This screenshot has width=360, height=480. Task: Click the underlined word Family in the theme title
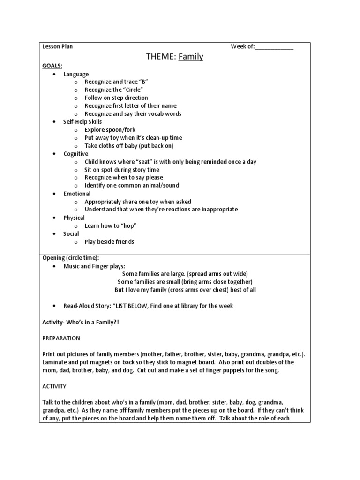coord(191,57)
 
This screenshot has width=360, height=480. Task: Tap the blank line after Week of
coord(274,46)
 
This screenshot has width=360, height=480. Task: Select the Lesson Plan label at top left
coord(58,46)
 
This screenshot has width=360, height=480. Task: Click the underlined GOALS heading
coord(52,66)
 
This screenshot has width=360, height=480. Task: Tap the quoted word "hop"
coord(128,225)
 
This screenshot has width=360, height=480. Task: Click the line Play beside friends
coord(109,242)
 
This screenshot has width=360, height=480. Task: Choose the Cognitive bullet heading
coord(76,154)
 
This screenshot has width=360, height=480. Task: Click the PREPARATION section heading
coord(61,338)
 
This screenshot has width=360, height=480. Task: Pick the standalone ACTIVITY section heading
coord(54,386)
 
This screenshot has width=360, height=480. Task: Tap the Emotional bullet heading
coord(77,194)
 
